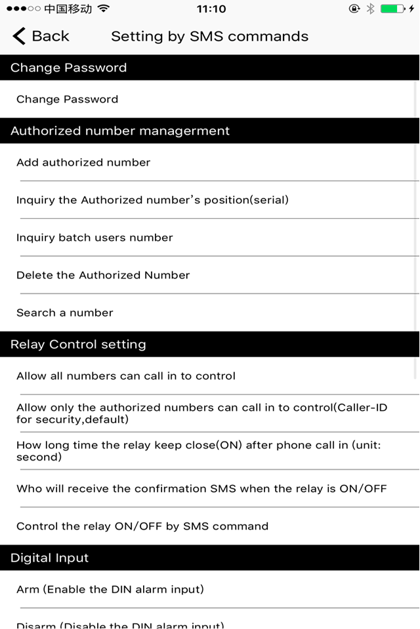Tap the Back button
click(x=41, y=36)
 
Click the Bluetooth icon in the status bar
click(x=370, y=9)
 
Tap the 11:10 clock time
click(x=211, y=9)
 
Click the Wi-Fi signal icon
click(x=103, y=9)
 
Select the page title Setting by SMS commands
click(x=209, y=37)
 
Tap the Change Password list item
click(x=67, y=100)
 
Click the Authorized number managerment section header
click(x=120, y=131)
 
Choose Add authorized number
click(x=83, y=162)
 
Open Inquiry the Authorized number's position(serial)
click(x=152, y=200)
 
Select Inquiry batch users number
click(x=94, y=238)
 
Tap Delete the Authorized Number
click(x=103, y=275)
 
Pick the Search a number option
click(x=65, y=313)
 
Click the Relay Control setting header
click(x=78, y=345)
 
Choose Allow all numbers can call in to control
click(x=126, y=376)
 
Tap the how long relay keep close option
click(x=207, y=451)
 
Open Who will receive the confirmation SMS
click(x=201, y=489)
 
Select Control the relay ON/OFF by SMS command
click(x=142, y=526)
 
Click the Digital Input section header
click(x=49, y=558)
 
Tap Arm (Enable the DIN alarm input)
click(x=110, y=590)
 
